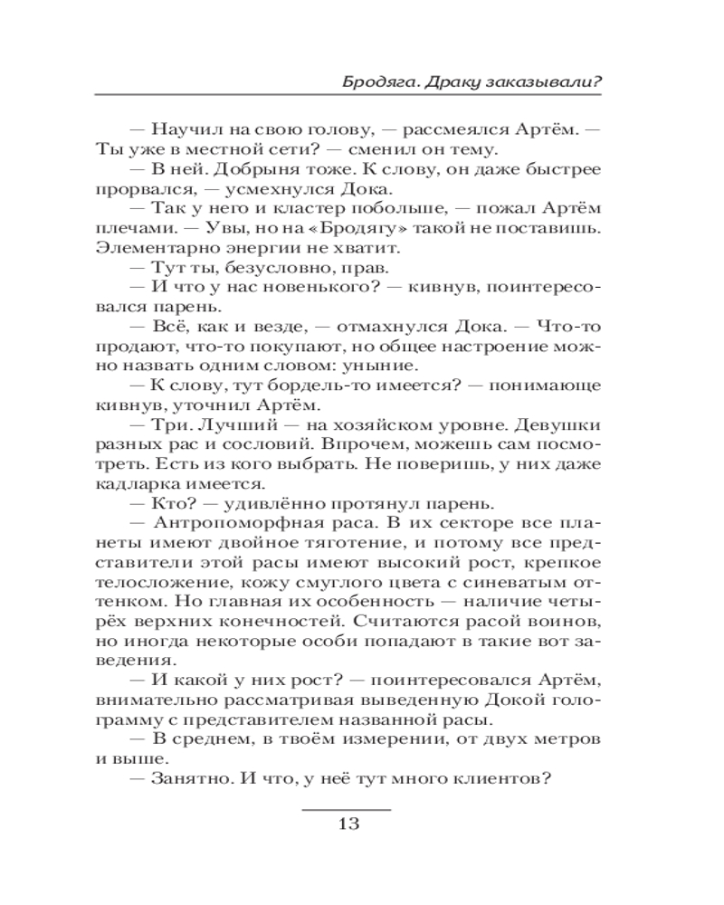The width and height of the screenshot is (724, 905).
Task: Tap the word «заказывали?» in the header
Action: point(553,81)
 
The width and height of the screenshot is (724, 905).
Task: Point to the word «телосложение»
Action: point(149,581)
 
